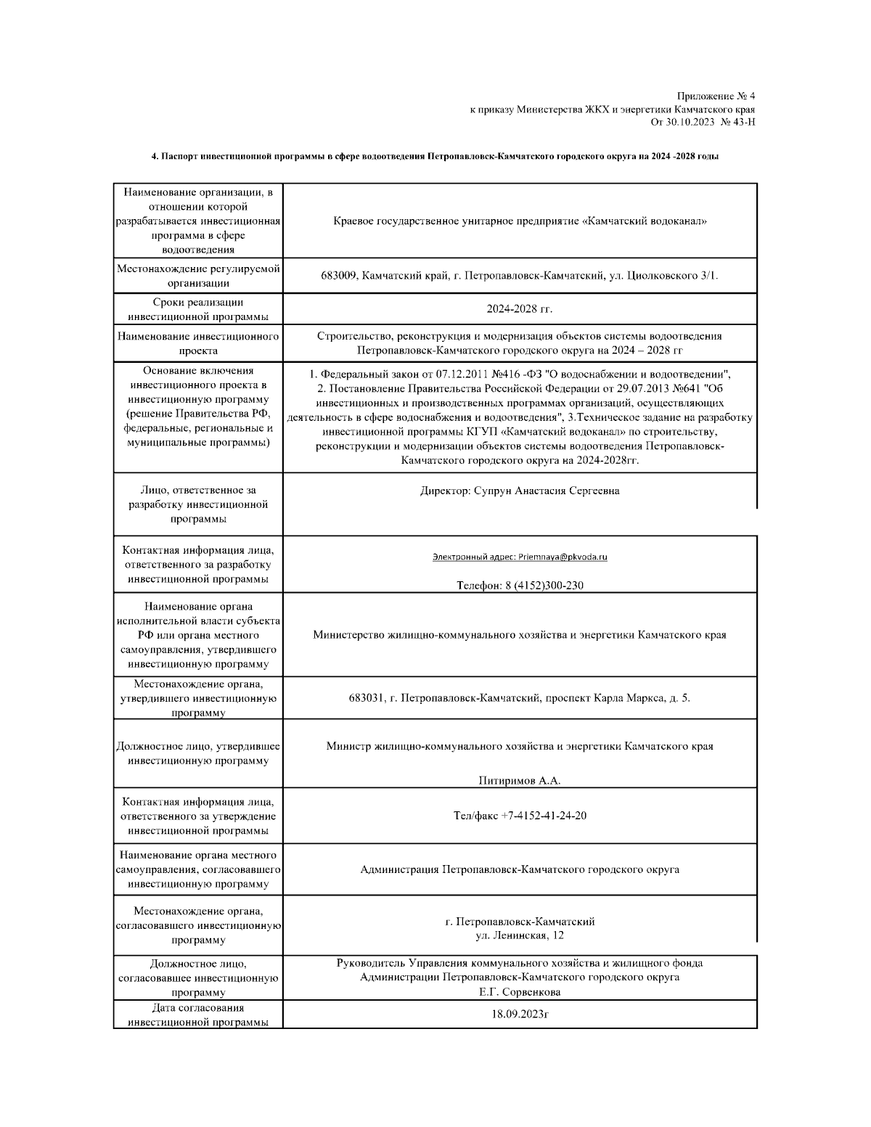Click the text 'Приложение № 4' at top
coord(716,97)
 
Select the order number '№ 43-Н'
coord(738,122)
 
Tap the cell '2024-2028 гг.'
coord(519,309)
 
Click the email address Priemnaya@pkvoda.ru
coord(563,557)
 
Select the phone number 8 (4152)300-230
coord(544,586)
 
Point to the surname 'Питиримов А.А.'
coord(519,781)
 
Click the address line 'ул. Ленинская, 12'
coord(519,935)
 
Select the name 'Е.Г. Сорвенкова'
coord(519,992)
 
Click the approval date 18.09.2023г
coord(519,1015)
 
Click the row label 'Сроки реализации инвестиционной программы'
coord(198,309)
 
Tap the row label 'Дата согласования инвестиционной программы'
coord(198,1015)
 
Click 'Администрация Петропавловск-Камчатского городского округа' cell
coord(519,869)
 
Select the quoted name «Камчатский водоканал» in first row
coord(645,221)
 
